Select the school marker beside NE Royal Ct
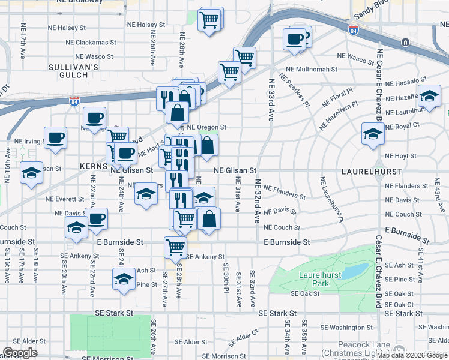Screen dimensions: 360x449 point(373,134)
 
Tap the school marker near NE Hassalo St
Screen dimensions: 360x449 point(429,96)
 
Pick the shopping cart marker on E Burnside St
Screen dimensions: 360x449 point(175,247)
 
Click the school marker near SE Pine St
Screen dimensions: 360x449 point(124,279)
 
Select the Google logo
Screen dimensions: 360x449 point(20,353)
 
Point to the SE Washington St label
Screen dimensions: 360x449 point(347,328)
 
